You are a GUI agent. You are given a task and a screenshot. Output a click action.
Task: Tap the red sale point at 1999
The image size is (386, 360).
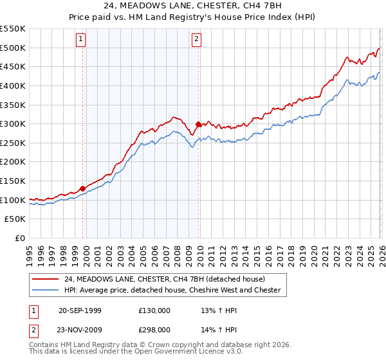(x=82, y=188)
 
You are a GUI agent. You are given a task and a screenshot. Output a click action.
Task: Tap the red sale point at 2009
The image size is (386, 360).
(x=198, y=125)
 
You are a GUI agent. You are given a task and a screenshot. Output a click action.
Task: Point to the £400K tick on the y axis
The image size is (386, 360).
(x=14, y=85)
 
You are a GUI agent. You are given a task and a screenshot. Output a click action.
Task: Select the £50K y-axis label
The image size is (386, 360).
(x=16, y=219)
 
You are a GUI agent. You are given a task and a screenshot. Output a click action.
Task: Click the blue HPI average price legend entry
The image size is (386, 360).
(x=172, y=290)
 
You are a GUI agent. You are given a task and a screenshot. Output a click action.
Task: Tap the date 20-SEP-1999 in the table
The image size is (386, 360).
(x=80, y=310)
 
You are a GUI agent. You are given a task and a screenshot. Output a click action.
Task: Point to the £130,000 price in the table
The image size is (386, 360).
(x=154, y=310)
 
